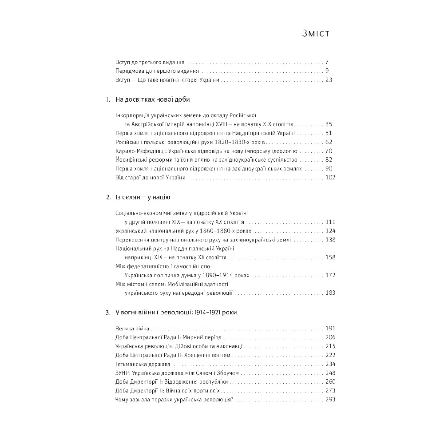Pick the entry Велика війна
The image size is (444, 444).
pyautogui.click(x=131, y=329)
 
